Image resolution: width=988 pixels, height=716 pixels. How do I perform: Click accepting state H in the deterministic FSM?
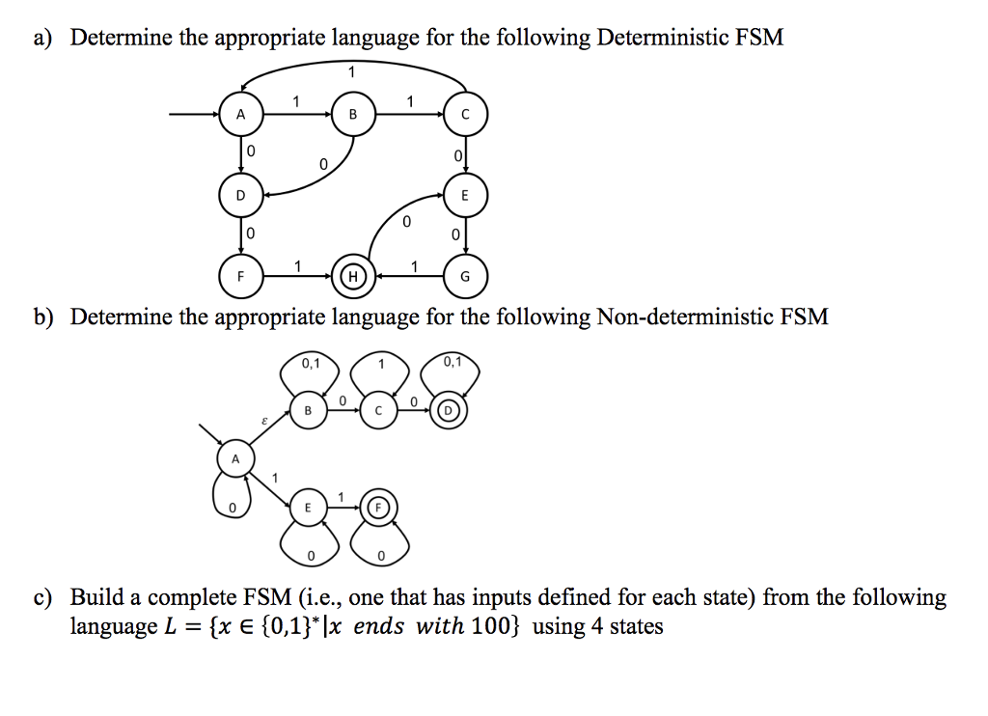point(352,276)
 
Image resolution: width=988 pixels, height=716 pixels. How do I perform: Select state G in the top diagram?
point(466,276)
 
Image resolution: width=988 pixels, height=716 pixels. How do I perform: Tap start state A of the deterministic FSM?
point(240,114)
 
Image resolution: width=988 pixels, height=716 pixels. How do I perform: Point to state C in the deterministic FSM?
point(466,114)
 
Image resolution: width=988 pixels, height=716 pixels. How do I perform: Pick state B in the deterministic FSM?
point(352,114)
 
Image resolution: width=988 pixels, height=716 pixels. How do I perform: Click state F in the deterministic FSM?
point(240,276)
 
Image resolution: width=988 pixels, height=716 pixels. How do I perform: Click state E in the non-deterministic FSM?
point(308,507)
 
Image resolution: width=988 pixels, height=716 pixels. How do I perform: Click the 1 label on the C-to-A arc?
point(352,71)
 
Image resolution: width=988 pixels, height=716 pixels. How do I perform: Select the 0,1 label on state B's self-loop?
point(309,364)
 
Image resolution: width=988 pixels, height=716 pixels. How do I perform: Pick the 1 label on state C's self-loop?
point(380,364)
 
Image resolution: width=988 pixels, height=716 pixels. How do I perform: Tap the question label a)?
point(42,39)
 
